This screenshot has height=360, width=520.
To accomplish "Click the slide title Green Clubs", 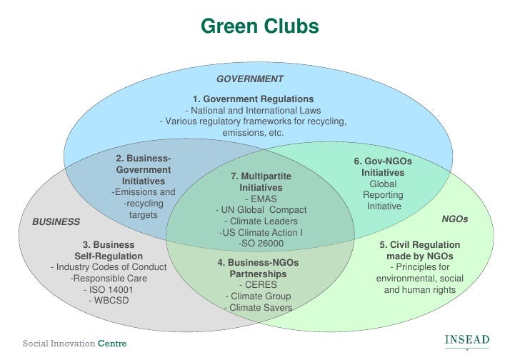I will (x=259, y=26).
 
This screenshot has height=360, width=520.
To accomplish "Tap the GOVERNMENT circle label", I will (x=250, y=79).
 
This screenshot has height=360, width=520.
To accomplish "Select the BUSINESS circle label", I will (x=56, y=222).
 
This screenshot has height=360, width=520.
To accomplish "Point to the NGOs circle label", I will (x=455, y=219).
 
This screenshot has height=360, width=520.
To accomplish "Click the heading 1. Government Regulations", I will (x=253, y=99).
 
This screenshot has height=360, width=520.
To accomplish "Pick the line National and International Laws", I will (x=253, y=111).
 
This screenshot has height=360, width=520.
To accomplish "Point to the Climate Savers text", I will (x=258, y=308).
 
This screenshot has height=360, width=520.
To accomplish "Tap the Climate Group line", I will (x=258, y=296).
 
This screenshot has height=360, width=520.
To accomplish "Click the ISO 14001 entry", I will (x=109, y=290).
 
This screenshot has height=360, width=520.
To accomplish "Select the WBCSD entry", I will (x=109, y=301).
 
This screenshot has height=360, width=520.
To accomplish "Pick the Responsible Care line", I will (x=109, y=279).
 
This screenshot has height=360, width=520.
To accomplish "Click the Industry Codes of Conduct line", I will (x=109, y=267).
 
